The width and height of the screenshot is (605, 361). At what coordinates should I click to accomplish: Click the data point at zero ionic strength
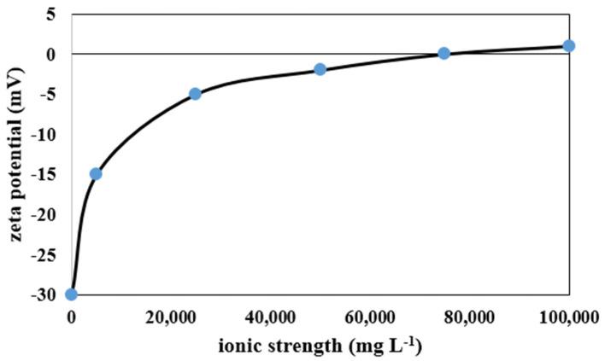pyautogui.click(x=72, y=294)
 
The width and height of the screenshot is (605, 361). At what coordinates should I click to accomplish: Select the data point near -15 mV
pyautogui.click(x=96, y=173)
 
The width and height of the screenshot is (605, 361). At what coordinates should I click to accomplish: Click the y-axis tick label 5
pyautogui.click(x=51, y=14)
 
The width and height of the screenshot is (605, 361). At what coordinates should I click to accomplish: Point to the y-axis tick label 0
pyautogui.click(x=51, y=54)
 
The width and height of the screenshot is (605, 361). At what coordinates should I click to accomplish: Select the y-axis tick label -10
pyautogui.click(x=45, y=134)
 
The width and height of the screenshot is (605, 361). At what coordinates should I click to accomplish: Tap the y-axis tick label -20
pyautogui.click(x=45, y=214)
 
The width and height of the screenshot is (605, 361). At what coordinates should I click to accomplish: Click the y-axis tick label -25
pyautogui.click(x=45, y=254)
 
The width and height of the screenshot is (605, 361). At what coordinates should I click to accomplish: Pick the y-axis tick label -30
pyautogui.click(x=45, y=294)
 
